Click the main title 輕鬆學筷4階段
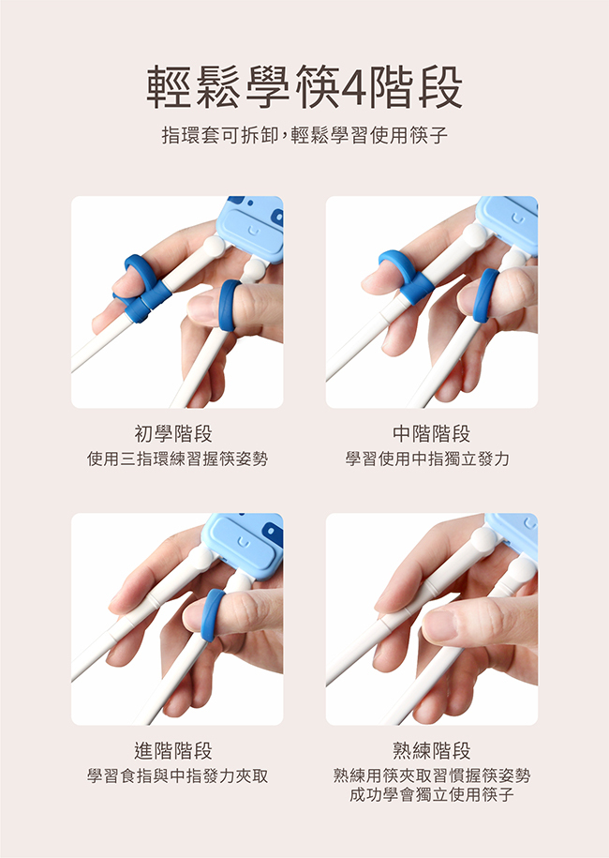[x=304, y=87]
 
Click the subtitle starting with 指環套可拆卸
[x=304, y=135]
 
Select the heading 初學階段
[x=173, y=434]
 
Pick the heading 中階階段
[x=431, y=434]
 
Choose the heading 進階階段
[x=173, y=751]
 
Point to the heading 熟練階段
[x=431, y=751]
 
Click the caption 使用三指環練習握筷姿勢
[x=178, y=459]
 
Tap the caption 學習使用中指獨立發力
[x=427, y=459]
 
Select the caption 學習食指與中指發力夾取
[x=178, y=775]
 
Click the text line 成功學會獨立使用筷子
[x=432, y=794]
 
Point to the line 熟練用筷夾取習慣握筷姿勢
[x=432, y=775]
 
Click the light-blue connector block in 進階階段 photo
[x=245, y=545]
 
